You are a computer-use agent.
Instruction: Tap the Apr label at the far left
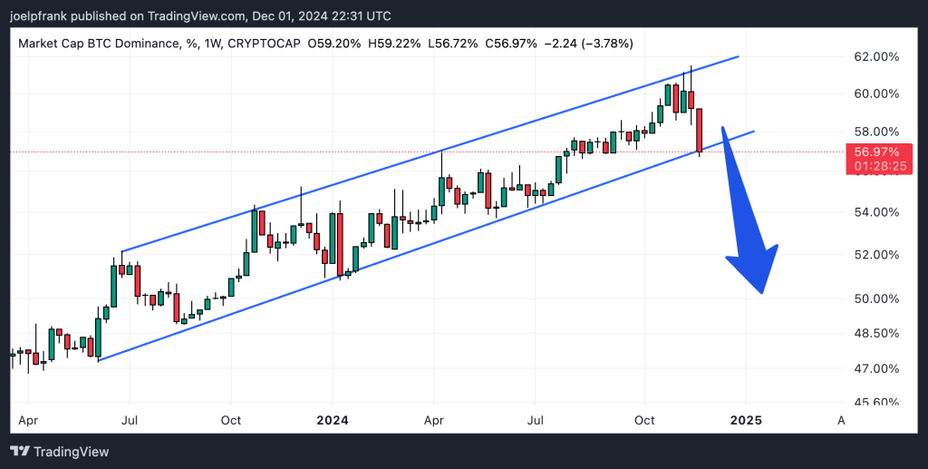pos(28,421)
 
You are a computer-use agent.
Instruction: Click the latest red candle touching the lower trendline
pos(700,131)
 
